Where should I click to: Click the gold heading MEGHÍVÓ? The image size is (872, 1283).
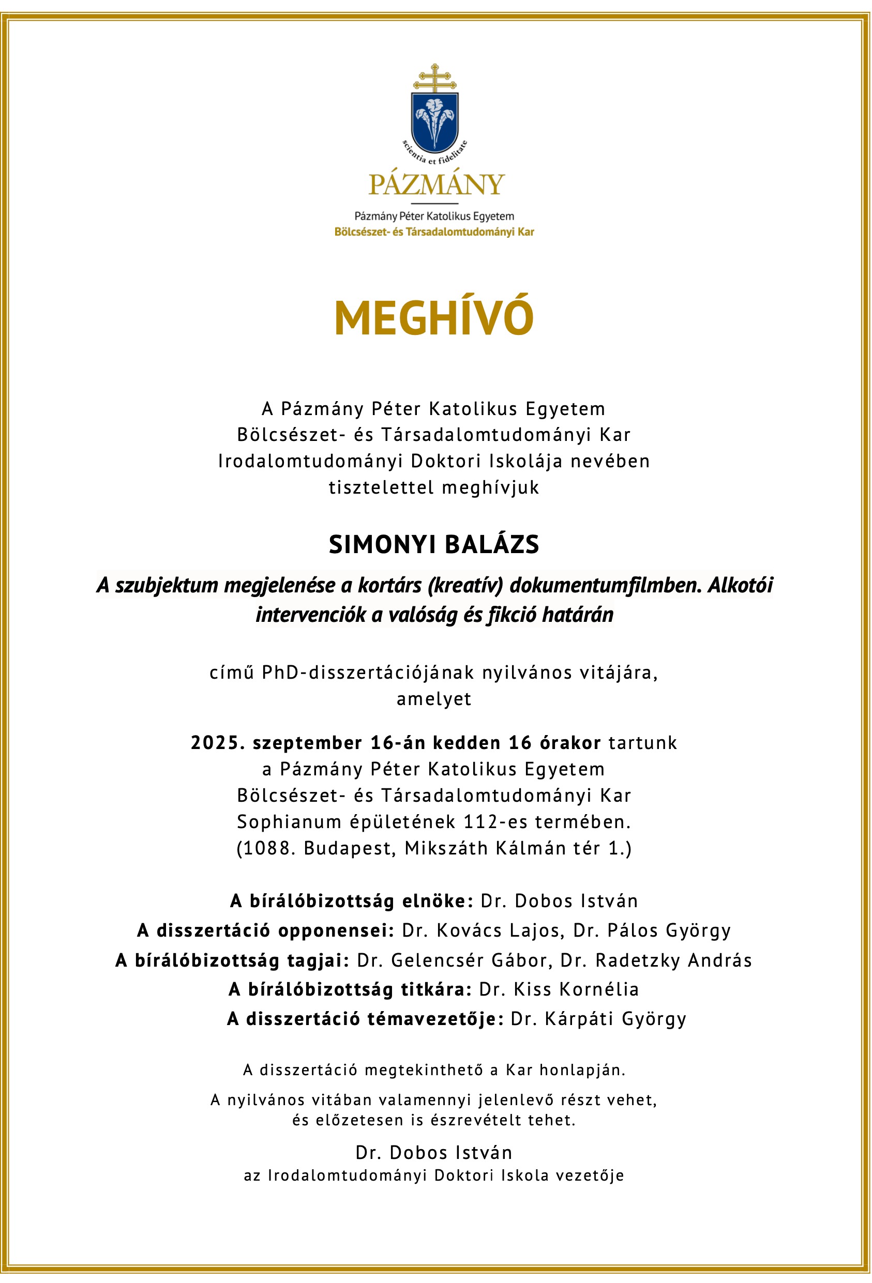click(434, 318)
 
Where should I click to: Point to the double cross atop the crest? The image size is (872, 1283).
click(435, 78)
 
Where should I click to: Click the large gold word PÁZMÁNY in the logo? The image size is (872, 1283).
click(437, 185)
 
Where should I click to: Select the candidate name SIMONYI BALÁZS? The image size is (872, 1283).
click(434, 545)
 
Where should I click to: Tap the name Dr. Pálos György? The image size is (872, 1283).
click(652, 930)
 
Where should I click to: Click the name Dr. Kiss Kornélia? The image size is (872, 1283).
click(559, 989)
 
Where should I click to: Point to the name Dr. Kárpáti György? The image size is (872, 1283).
click(598, 1018)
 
